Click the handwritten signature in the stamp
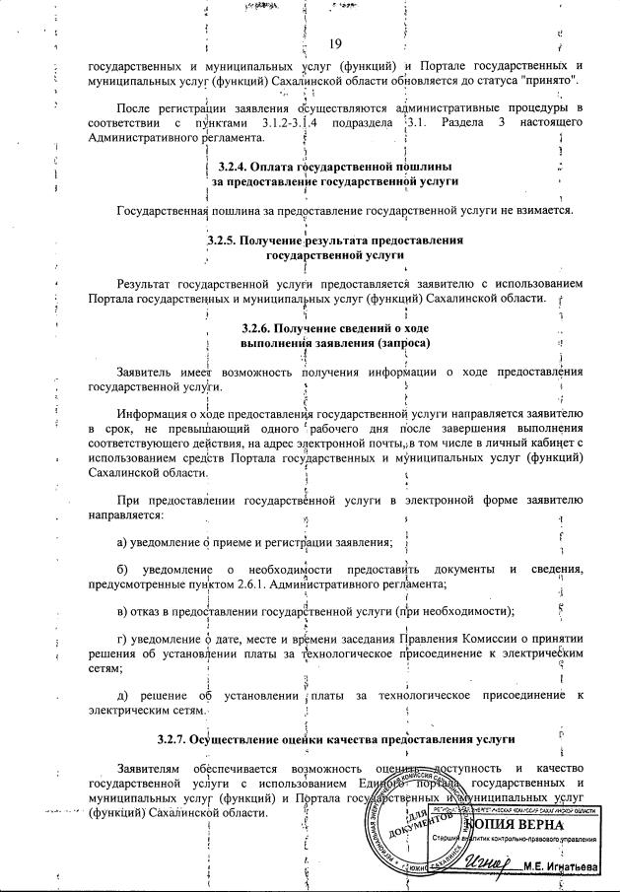tap(480, 863)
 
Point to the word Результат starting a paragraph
tap(148, 283)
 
